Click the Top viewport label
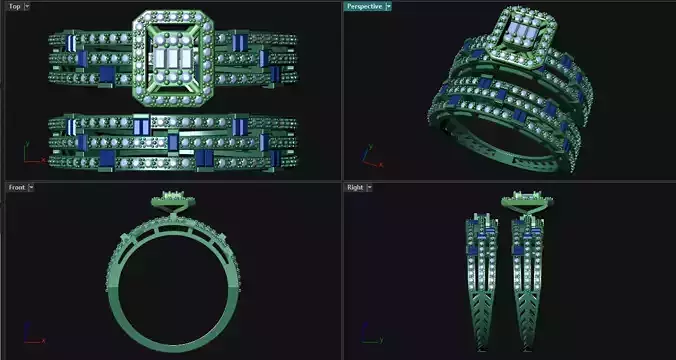13,6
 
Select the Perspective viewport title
362,6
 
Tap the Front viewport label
15,187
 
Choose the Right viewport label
354,187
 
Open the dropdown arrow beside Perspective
387,6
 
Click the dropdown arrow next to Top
27,6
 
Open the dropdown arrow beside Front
31,187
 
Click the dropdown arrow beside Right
369,187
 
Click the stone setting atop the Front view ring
172,201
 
